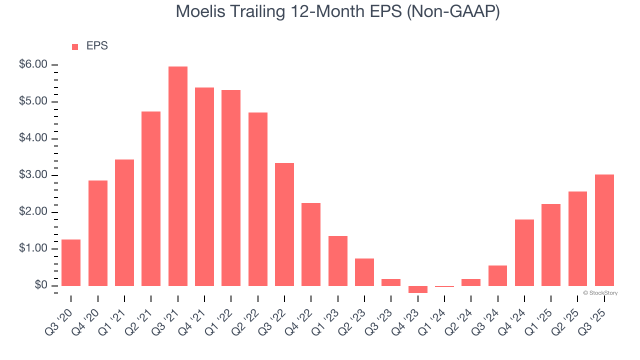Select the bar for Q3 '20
click(x=71, y=262)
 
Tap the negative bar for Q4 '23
click(x=417, y=289)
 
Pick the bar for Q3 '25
click(x=604, y=230)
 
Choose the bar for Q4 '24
click(x=524, y=252)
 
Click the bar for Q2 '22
click(x=257, y=199)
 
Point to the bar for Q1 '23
click(x=337, y=260)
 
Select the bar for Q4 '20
click(x=98, y=233)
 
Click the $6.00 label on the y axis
click(x=33, y=65)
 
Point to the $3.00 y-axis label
click(x=33, y=175)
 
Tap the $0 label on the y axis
click(x=40, y=285)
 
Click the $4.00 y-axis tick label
click(x=33, y=138)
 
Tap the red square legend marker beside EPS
click(x=75, y=46)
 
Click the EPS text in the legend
click(x=97, y=46)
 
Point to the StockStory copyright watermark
click(x=600, y=293)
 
